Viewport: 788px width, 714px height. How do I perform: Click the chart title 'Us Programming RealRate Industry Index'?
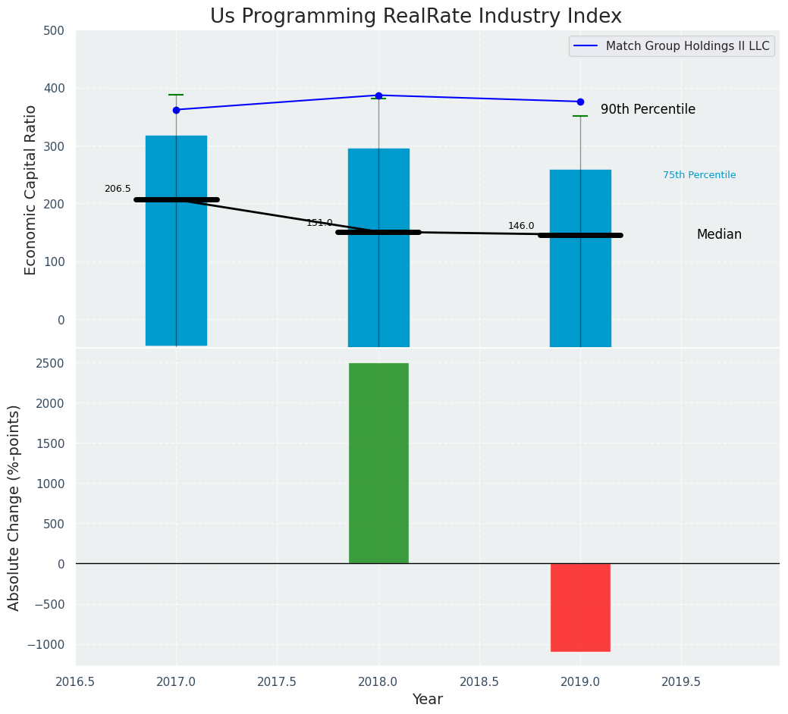click(416, 17)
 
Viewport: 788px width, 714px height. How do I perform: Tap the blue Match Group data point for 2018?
click(378, 96)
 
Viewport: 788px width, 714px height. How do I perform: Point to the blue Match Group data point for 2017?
click(176, 110)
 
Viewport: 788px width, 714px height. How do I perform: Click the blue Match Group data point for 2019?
click(580, 102)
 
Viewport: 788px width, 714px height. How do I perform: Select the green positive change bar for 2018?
click(378, 463)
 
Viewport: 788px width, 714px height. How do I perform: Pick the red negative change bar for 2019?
click(580, 607)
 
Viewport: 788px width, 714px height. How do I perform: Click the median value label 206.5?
click(118, 189)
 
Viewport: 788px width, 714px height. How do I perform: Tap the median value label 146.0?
click(521, 226)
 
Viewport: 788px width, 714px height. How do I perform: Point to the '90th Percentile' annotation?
click(648, 110)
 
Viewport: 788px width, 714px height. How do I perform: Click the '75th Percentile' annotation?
click(699, 175)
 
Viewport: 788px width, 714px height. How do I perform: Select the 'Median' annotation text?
click(719, 235)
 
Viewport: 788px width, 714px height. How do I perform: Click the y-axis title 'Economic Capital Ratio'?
click(31, 189)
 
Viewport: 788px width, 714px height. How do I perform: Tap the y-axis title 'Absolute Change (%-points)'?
click(14, 507)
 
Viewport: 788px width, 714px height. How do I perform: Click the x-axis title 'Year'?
click(428, 700)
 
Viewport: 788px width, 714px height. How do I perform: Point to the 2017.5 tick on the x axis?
click(277, 681)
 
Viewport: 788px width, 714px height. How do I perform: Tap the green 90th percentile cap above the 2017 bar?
click(176, 95)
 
